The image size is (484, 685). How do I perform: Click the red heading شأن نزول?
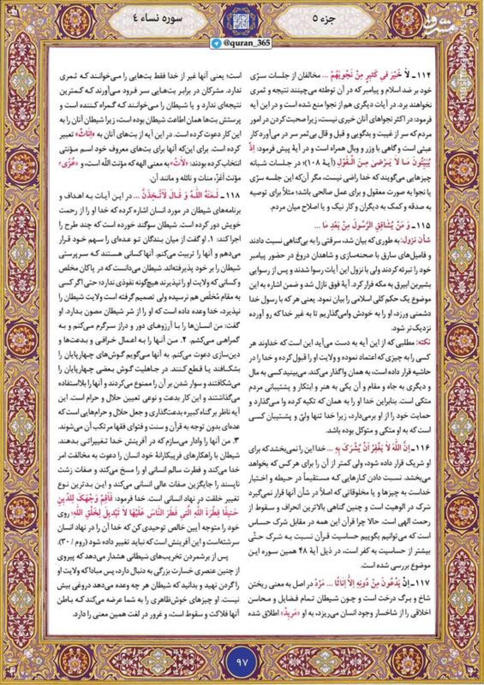(x=418, y=241)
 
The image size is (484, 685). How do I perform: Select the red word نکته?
(x=423, y=341)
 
